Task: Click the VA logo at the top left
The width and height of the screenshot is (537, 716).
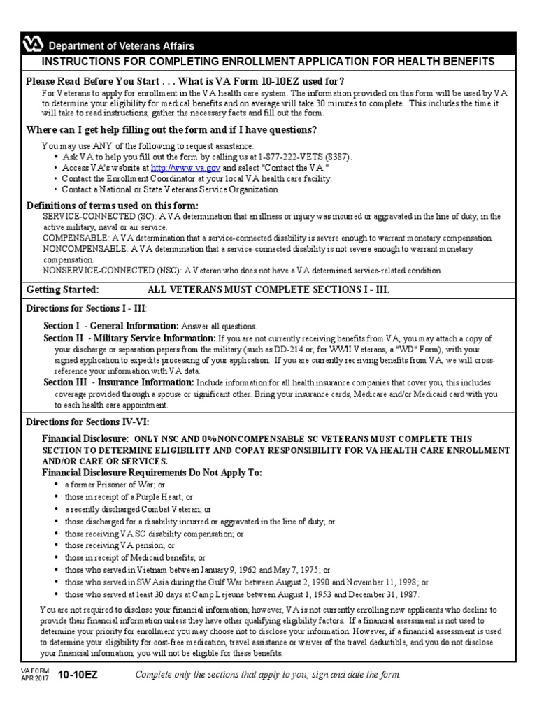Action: pyautogui.click(x=32, y=45)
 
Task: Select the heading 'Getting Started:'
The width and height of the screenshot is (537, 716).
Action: pyautogui.click(x=62, y=289)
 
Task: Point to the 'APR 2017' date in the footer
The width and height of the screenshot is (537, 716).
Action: pyautogui.click(x=34, y=678)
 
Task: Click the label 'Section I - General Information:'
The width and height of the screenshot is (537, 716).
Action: pyautogui.click(x=111, y=326)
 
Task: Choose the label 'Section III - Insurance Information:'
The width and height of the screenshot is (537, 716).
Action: pyautogui.click(x=119, y=382)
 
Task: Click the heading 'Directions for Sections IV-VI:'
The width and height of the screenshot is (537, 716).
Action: pyautogui.click(x=87, y=422)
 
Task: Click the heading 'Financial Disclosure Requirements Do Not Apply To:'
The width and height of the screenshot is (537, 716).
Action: pyautogui.click(x=152, y=473)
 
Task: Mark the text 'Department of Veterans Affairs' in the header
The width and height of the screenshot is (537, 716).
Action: pyautogui.click(x=120, y=45)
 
